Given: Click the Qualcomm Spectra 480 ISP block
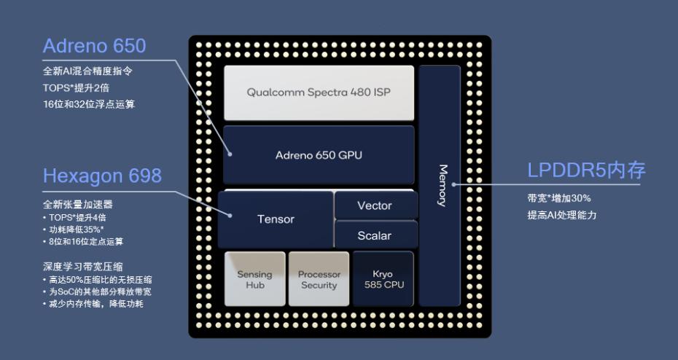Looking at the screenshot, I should pos(319,93).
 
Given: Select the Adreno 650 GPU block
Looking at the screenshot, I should pos(319,154).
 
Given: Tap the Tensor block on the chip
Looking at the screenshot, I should pos(276,219).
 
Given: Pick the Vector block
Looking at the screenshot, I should pos(375,206).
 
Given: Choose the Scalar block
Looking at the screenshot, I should pos(375,235).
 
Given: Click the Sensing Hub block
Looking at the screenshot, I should pos(254,279).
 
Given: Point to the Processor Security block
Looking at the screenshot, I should pos(319,279).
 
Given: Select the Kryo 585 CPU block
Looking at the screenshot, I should pos(383,279).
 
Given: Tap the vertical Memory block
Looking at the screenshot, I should pos(440,185).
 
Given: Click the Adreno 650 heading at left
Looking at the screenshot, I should pos(94,46).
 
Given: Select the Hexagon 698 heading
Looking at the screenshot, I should pos(102,176).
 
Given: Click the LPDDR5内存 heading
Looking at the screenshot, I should pos(586,171).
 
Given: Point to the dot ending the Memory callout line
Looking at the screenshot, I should pos(453,184).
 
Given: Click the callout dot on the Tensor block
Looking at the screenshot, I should pos(230,215).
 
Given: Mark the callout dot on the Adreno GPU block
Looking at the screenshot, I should pos(230,153).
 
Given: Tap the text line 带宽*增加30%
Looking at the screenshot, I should pos(559,198).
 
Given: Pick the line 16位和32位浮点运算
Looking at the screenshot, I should pos(88,104).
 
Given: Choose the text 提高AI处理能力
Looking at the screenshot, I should pos(562,215).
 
